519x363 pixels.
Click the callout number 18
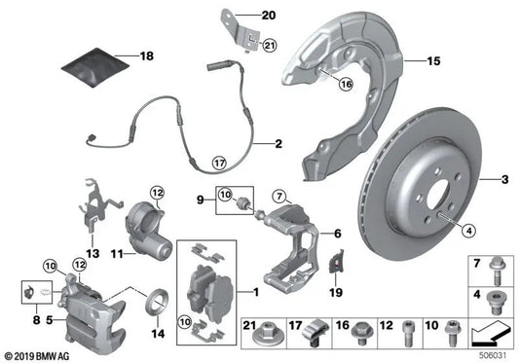[x=147, y=57]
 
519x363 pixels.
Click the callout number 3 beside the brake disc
[x=504, y=180]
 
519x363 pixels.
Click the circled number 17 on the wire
[x=220, y=163]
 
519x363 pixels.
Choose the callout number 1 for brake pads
[x=256, y=292]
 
